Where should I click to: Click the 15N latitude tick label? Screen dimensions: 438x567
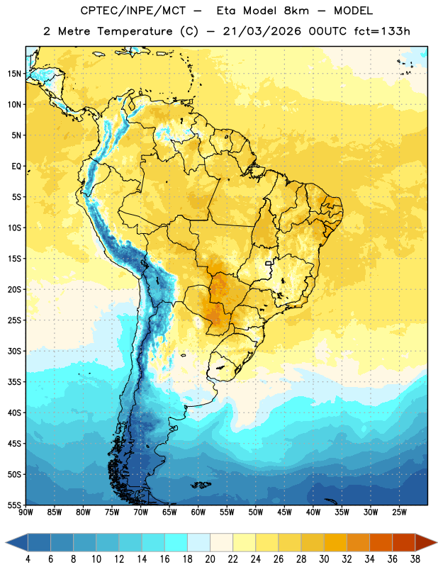14,74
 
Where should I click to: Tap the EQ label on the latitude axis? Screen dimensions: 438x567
16,167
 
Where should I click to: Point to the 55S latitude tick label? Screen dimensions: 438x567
14,505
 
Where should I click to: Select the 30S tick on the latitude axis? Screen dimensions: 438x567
14,351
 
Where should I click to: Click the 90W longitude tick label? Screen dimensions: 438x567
26,512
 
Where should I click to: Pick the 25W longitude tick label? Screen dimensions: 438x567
400,512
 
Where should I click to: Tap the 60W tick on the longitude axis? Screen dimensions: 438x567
198,512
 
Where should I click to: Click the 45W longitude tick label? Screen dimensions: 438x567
285,512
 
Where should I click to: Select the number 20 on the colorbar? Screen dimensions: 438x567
210,559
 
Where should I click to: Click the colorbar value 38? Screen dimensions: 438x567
415,559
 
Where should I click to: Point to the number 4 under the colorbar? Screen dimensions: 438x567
28,559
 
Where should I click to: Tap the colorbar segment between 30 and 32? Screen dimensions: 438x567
335,542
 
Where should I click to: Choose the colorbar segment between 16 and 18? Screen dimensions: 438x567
176,542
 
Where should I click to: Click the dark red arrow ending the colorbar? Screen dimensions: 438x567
426,542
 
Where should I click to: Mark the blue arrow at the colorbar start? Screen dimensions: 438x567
17,542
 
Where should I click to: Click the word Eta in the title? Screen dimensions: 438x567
225,11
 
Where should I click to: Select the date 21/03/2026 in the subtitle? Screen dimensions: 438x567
262,31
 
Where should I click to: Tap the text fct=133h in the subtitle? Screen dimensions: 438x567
382,31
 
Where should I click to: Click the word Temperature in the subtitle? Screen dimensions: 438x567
135,31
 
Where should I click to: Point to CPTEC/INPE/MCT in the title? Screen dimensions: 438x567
133,11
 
